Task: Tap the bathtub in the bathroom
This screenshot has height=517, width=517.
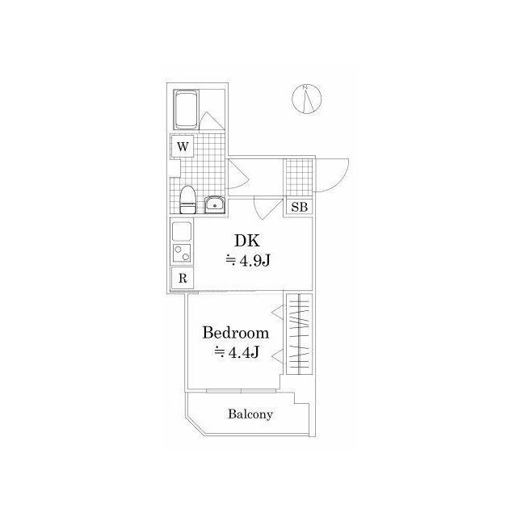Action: click(x=187, y=109)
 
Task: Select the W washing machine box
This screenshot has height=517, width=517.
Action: click(x=183, y=146)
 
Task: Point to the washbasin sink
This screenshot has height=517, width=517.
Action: click(x=216, y=203)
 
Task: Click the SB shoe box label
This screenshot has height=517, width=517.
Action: click(x=299, y=207)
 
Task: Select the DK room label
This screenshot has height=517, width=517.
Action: click(x=246, y=240)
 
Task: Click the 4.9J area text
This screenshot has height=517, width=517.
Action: click(x=246, y=259)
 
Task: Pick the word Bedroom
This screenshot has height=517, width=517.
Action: click(x=235, y=333)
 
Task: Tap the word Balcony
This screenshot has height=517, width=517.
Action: click(x=250, y=414)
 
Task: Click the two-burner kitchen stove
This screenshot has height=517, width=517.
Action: click(x=183, y=253)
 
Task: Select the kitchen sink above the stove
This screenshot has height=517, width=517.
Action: click(x=183, y=229)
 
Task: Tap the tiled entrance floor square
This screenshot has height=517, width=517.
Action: click(x=296, y=177)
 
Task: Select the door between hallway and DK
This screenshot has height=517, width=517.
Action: click(x=265, y=208)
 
